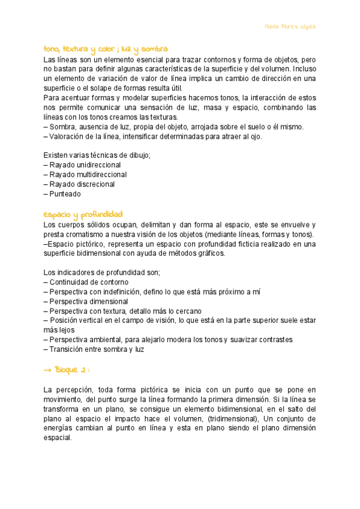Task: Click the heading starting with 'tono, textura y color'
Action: pos(105,49)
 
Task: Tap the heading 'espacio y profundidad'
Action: pos(83,214)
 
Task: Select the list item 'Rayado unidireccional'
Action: pos(85,164)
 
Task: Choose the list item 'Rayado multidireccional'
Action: pos(88,174)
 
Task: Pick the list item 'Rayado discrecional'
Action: pos(83,184)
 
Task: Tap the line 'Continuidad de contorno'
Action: pos(89,282)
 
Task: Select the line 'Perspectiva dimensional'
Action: pos(88,301)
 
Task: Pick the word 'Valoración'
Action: pos(67,136)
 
